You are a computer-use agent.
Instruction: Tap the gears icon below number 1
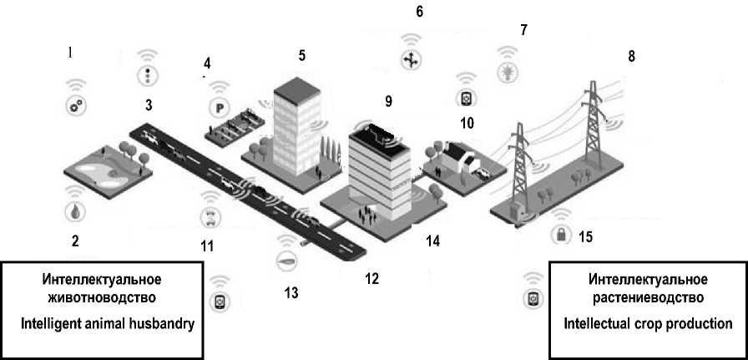(x=76, y=106)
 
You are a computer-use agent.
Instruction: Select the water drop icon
(x=75, y=212)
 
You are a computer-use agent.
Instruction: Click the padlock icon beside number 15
(x=561, y=234)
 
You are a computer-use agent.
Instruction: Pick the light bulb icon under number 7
(x=508, y=72)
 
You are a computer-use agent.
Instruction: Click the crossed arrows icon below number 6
(x=411, y=59)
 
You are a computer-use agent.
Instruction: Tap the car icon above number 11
(x=210, y=217)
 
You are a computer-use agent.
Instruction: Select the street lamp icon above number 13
(x=286, y=261)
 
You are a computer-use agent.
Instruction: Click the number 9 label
(x=389, y=101)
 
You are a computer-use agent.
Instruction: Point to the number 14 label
(x=433, y=241)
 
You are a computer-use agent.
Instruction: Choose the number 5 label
(x=302, y=55)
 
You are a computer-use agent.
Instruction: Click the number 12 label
(x=371, y=279)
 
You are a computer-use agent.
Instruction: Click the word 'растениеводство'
(x=648, y=297)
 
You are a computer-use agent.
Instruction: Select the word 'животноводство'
(x=99, y=297)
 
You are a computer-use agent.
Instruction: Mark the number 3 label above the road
(x=149, y=105)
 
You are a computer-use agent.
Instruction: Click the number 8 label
(x=632, y=56)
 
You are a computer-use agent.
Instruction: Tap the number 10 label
(x=467, y=123)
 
